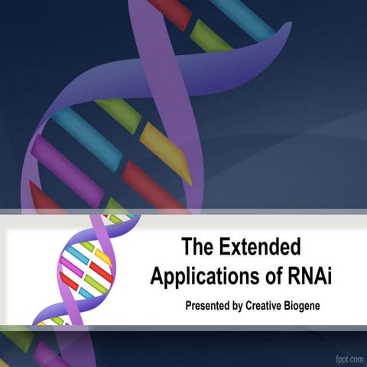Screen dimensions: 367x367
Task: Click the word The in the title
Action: coord(198,248)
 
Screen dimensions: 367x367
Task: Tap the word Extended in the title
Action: coord(260,248)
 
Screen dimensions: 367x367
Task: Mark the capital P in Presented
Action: coord(189,306)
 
